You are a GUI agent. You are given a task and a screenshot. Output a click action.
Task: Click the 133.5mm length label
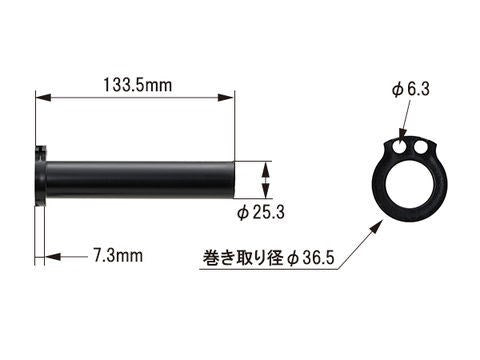(x=137, y=85)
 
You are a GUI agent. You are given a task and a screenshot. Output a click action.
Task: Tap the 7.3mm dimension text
(x=116, y=256)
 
